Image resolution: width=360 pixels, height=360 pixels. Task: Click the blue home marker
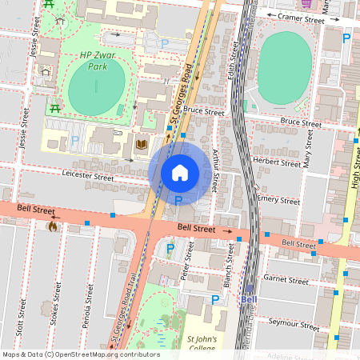[180, 172]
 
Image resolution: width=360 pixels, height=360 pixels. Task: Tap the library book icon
[142, 144]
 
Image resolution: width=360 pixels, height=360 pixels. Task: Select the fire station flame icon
[53, 226]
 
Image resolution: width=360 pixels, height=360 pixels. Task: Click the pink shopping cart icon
[329, 4]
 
